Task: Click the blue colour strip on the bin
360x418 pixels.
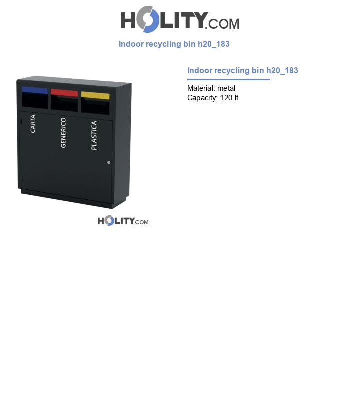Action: click(35, 90)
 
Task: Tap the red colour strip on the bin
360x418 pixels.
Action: click(64, 93)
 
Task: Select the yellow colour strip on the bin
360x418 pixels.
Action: click(95, 95)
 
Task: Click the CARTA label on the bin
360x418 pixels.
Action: click(33, 124)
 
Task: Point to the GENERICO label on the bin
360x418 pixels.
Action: click(63, 133)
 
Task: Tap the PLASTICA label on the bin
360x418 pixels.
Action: click(94, 135)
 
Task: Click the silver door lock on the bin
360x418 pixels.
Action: click(109, 162)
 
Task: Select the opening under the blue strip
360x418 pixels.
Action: click(35, 101)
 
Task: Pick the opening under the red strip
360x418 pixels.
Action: click(64, 104)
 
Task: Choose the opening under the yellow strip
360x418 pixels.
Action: click(95, 107)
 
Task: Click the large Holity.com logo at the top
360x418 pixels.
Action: click(180, 19)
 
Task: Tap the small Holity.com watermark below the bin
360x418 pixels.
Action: click(123, 221)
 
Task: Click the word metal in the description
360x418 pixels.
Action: click(226, 88)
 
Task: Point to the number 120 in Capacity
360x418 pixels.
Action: click(226, 98)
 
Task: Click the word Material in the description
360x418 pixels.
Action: click(201, 88)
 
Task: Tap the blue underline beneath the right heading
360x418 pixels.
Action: click(228, 79)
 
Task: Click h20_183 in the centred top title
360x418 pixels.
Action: click(214, 44)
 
